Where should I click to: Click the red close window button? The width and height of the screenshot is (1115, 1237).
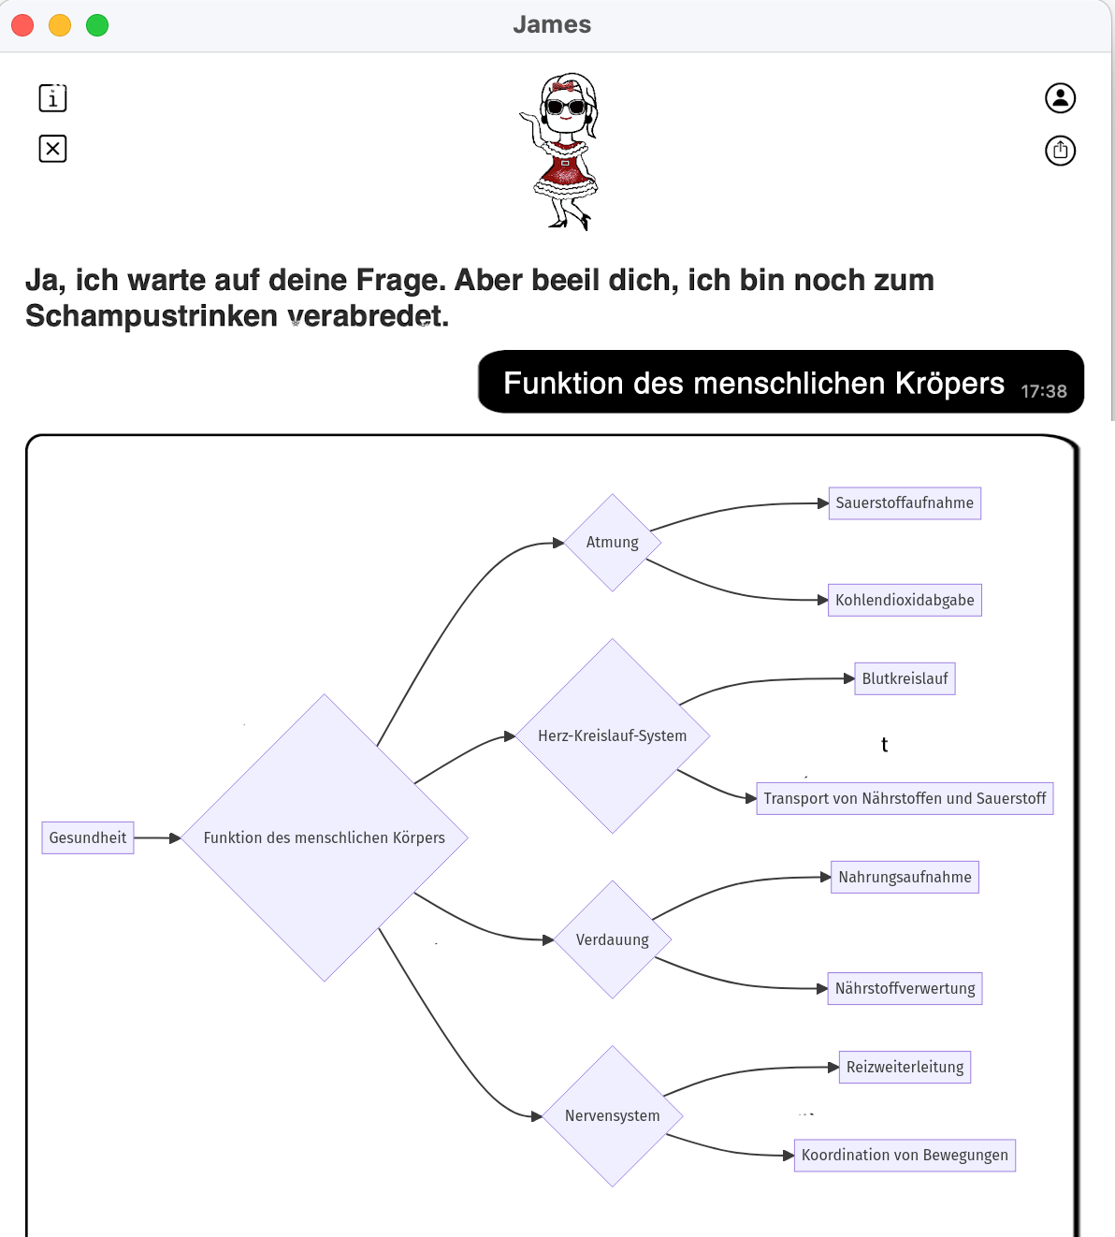pos(22,25)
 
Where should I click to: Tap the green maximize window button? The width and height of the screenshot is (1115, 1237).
pos(97,25)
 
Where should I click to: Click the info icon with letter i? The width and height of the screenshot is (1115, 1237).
pos(53,98)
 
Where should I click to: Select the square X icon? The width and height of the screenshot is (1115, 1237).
pos(53,149)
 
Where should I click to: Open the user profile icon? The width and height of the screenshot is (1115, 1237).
pos(1060,98)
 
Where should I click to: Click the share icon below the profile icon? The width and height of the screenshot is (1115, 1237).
pos(1060,151)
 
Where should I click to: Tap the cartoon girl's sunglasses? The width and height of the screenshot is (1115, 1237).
pos(566,107)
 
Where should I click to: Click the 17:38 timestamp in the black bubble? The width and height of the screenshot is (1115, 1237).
pos(1044,391)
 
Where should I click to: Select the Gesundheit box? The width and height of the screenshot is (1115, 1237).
pos(88,837)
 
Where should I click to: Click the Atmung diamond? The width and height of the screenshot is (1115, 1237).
pos(613,543)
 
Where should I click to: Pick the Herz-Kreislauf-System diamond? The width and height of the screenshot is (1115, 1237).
pos(613,735)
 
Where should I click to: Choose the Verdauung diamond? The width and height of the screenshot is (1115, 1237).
pos(613,939)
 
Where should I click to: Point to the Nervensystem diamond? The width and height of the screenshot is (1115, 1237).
pos(613,1116)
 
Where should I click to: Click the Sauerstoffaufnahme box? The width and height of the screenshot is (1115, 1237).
pos(905,503)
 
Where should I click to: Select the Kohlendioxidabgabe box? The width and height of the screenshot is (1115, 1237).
pos(905,600)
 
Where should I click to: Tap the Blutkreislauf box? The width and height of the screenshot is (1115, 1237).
pos(905,678)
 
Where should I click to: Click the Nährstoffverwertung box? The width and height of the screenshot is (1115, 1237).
pos(905,988)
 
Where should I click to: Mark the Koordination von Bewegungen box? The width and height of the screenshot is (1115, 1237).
pos(905,1155)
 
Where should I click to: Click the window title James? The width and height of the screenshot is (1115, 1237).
pos(552,24)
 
